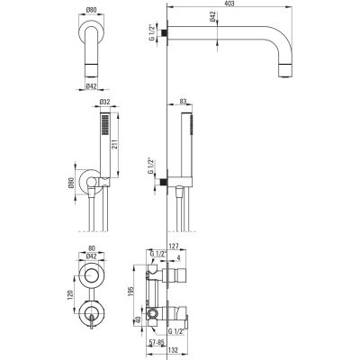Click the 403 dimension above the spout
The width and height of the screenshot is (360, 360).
[229, 4]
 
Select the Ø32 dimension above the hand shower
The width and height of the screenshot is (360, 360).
[104, 102]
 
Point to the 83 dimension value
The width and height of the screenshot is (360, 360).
[183, 102]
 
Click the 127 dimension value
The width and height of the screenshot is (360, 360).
[174, 247]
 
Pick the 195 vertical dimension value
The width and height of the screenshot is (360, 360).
[130, 290]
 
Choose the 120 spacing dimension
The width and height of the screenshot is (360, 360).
[70, 296]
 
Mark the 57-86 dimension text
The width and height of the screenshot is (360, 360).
[157, 342]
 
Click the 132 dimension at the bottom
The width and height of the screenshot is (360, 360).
[173, 350]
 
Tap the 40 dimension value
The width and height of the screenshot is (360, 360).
[137, 320]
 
